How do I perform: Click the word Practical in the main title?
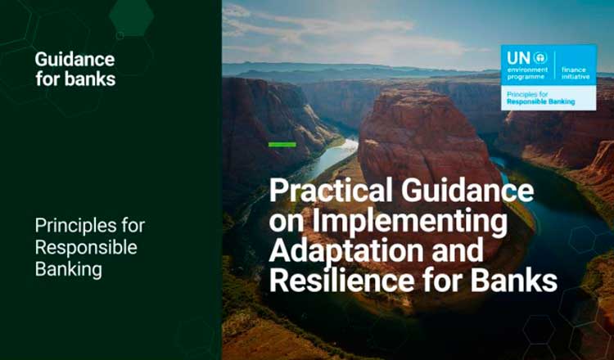(331, 190)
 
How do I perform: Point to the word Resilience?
(341, 280)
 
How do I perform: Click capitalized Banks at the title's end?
(514, 280)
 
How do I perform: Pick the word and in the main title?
(458, 250)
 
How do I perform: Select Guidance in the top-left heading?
(74, 60)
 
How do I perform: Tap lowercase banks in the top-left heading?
(90, 79)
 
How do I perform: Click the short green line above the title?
(282, 145)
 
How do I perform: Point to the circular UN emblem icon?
(540, 58)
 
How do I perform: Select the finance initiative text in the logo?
(576, 73)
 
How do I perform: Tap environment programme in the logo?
(527, 73)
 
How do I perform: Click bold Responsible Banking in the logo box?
(541, 101)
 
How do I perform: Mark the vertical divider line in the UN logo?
(554, 65)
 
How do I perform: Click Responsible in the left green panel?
(86, 247)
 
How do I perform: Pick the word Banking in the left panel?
(69, 270)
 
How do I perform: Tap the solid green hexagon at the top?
(132, 16)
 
